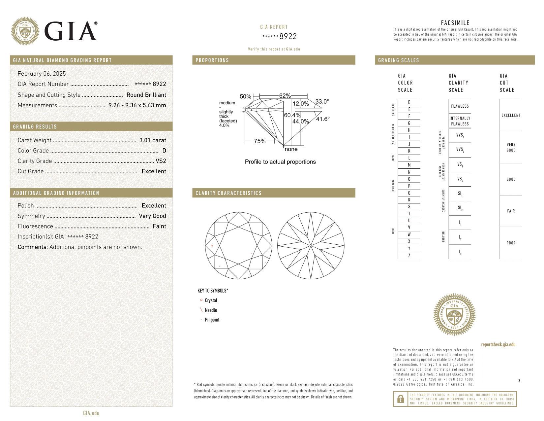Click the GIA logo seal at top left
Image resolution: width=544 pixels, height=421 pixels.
pyautogui.click(x=25, y=31)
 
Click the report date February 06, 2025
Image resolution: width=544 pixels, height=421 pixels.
pyautogui.click(x=42, y=74)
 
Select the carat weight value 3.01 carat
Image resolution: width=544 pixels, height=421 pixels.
pyautogui.click(x=153, y=140)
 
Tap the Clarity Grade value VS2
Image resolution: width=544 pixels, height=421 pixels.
pyautogui.click(x=161, y=161)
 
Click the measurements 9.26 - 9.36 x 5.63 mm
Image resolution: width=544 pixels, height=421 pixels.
pyautogui.click(x=137, y=105)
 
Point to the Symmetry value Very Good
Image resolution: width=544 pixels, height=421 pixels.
pyautogui.click(x=152, y=216)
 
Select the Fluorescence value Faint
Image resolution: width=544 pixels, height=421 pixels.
pyautogui.click(x=159, y=226)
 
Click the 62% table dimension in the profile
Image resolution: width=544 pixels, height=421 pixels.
pyautogui.click(x=285, y=96)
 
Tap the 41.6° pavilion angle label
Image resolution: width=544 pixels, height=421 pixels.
pyautogui.click(x=322, y=119)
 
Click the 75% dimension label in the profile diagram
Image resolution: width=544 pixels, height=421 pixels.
pyautogui.click(x=259, y=141)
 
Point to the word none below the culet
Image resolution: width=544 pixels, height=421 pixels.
pyautogui.click(x=291, y=149)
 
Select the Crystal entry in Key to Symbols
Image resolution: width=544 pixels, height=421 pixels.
pyautogui.click(x=211, y=300)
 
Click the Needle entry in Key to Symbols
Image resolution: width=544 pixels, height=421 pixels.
pyautogui.click(x=211, y=310)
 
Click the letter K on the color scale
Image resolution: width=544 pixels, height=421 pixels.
pyautogui.click(x=409, y=151)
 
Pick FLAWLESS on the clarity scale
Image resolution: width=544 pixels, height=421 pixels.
pyautogui.click(x=460, y=106)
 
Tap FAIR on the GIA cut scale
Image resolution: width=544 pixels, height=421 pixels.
pyautogui.click(x=511, y=211)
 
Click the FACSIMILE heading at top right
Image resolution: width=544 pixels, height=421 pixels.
pyautogui.click(x=455, y=23)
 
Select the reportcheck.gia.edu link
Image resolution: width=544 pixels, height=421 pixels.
pyautogui.click(x=498, y=344)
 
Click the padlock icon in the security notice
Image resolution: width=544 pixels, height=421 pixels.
pyautogui.click(x=401, y=399)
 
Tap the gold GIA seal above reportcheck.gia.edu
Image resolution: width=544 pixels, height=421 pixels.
pyautogui.click(x=454, y=314)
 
